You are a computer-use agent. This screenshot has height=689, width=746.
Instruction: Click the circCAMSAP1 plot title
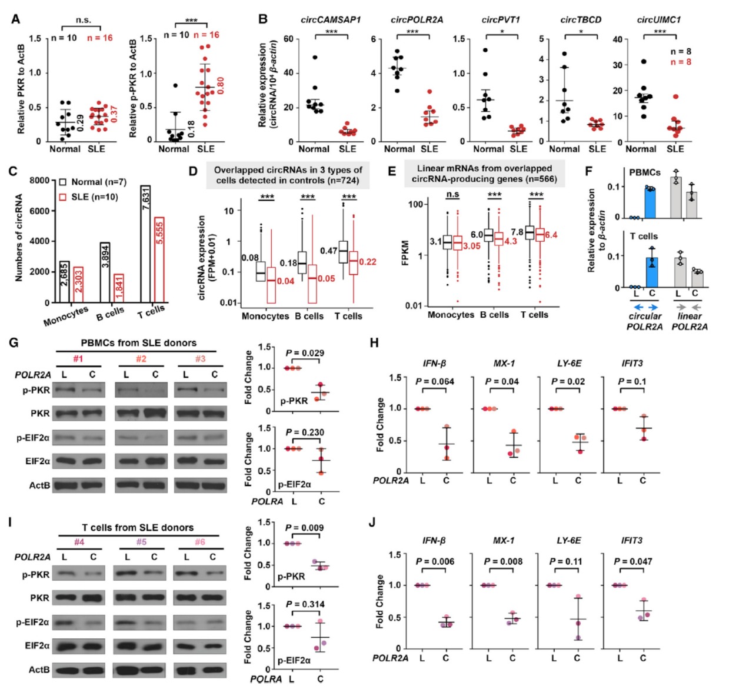click(x=331, y=19)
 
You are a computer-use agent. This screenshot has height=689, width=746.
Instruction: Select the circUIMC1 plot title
click(x=659, y=19)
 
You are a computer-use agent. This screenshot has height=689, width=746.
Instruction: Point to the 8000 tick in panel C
click(x=39, y=180)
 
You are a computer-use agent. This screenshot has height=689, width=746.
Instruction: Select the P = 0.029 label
click(x=305, y=353)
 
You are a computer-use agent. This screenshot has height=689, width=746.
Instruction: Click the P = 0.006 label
click(x=435, y=561)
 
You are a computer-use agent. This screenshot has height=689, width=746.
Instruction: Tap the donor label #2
click(x=141, y=359)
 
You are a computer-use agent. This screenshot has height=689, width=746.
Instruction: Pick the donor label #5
click(x=141, y=542)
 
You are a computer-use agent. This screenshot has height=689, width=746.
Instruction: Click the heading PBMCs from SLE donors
click(x=138, y=342)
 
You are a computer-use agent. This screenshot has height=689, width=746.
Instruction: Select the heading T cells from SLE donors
click(x=138, y=527)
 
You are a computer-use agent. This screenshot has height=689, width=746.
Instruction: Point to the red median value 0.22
click(x=368, y=262)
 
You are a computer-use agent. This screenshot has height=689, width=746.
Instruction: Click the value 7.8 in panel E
click(x=517, y=232)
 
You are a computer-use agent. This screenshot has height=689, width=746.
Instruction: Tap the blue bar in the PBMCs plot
click(x=650, y=202)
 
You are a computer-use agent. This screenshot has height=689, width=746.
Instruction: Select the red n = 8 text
click(x=681, y=62)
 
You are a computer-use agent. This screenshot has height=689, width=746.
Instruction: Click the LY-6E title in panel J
click(x=568, y=540)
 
